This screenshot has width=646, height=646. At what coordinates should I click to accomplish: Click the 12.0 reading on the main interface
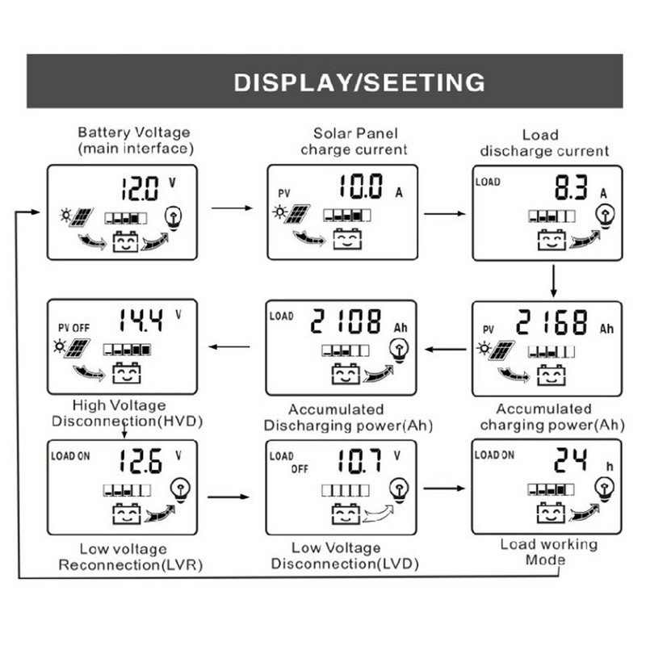click(x=140, y=190)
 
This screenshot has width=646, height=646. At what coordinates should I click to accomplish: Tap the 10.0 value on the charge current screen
click(x=360, y=188)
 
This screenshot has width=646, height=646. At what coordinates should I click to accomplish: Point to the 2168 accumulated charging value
click(x=552, y=323)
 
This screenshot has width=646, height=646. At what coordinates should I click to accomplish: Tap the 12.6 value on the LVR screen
click(x=141, y=461)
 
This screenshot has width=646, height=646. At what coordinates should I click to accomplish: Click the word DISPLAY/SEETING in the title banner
click(x=359, y=82)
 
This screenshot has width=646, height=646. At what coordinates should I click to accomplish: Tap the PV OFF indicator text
click(x=74, y=328)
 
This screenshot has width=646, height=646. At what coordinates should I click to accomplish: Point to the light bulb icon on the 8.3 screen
click(x=602, y=215)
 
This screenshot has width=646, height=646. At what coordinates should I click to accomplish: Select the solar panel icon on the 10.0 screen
click(x=298, y=215)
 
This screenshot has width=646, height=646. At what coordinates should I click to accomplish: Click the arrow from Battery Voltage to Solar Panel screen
click(x=232, y=208)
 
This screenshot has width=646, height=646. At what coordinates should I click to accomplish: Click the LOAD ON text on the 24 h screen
click(x=494, y=455)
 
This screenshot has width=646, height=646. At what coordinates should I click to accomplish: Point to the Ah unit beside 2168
click(x=606, y=329)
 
